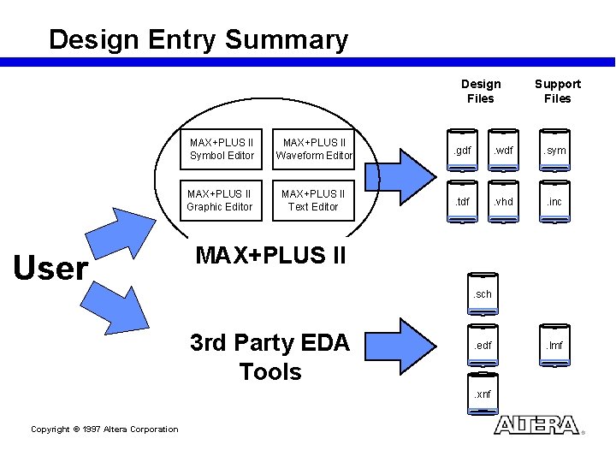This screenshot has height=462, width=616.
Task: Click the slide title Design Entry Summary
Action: pyautogui.click(x=198, y=39)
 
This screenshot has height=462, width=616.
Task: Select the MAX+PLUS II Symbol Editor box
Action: pyautogui.click(x=222, y=149)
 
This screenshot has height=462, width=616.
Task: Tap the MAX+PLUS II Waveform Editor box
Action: pyautogui.click(x=313, y=149)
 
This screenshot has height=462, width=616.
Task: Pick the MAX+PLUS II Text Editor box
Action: pyautogui.click(x=313, y=200)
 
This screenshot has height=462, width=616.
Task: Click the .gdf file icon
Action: pyautogui.click(x=464, y=151)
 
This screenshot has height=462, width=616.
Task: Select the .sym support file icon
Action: pyautogui.click(x=557, y=151)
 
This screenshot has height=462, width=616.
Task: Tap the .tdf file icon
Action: pyautogui.click(x=464, y=202)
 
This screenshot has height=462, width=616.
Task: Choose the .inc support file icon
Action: pyautogui.click(x=557, y=202)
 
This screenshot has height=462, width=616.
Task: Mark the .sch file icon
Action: pyautogui.click(x=483, y=294)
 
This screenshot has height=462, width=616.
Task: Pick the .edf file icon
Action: pyautogui.click(x=483, y=346)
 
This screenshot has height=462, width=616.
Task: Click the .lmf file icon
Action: pyautogui.click(x=557, y=346)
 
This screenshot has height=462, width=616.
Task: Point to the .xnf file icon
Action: pyautogui.click(x=483, y=394)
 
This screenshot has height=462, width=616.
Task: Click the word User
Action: pyautogui.click(x=51, y=269)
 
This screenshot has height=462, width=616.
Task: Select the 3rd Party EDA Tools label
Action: pyautogui.click(x=270, y=358)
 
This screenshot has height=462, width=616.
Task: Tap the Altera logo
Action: pyautogui.click(x=536, y=425)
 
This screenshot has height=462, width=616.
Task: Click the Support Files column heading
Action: pyautogui.click(x=557, y=91)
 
